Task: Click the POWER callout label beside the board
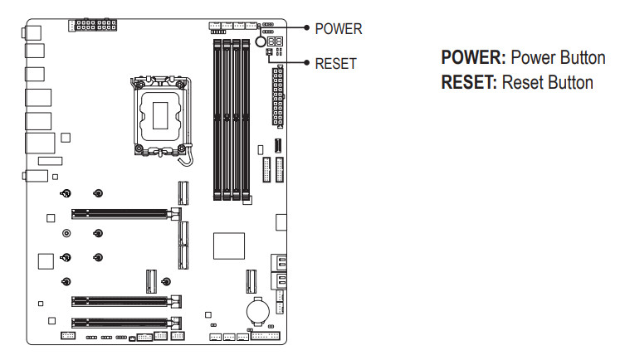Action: click(x=339, y=28)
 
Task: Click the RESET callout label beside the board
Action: click(x=335, y=63)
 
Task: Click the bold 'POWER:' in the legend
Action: click(x=473, y=60)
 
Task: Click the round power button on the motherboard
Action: click(x=260, y=41)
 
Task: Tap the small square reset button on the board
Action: click(x=269, y=51)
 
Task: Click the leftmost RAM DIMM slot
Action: click(x=215, y=116)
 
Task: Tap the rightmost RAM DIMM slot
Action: click(x=247, y=116)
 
